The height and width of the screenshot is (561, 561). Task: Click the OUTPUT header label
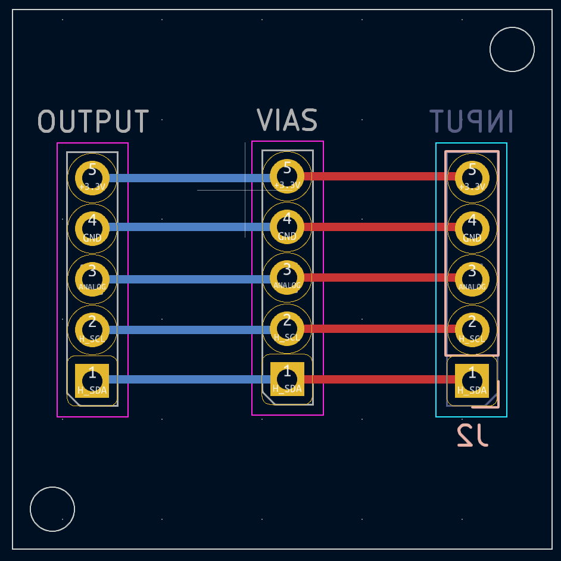click(x=93, y=121)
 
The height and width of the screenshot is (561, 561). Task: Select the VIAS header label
click(x=287, y=120)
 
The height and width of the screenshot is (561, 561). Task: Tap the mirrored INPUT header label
click(x=471, y=121)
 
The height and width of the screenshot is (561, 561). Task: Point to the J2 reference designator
click(x=472, y=435)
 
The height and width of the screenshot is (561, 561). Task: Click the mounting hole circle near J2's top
click(x=512, y=49)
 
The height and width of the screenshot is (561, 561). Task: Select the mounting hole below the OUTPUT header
click(x=52, y=509)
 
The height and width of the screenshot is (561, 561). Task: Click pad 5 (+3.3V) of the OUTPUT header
click(x=92, y=177)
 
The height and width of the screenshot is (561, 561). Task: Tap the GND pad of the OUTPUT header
click(x=92, y=227)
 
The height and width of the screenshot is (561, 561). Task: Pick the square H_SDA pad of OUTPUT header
click(x=92, y=380)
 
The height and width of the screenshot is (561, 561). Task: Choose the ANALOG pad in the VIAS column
click(x=287, y=277)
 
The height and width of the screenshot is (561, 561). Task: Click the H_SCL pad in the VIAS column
click(x=287, y=328)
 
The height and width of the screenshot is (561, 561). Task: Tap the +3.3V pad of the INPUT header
click(x=472, y=177)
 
